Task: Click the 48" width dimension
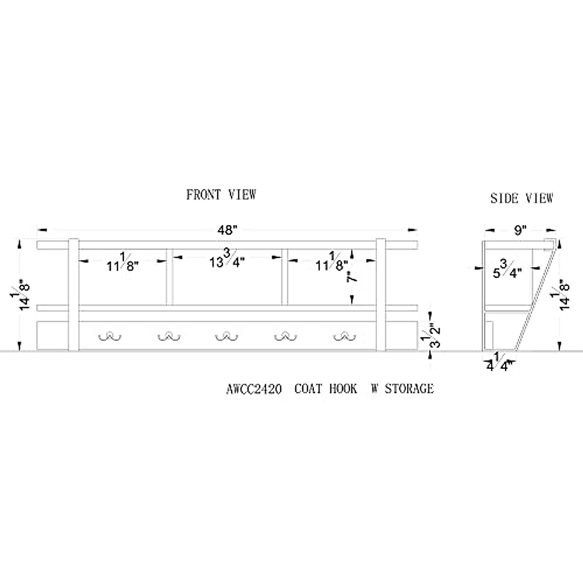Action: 226,230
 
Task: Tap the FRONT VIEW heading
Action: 221,195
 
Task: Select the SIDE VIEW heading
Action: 521,198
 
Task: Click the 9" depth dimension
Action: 521,230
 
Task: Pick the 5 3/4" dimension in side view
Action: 507,270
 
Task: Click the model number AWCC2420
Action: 254,389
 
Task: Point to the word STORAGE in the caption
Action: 409,389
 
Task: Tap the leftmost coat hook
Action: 109,336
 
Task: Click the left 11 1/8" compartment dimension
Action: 122,263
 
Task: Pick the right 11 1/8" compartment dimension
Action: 332,263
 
